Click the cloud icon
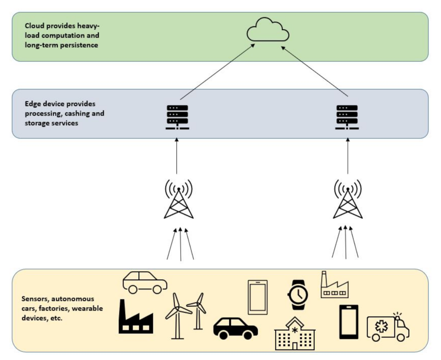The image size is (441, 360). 267,30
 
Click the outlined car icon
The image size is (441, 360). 145,282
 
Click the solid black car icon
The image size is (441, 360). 235,328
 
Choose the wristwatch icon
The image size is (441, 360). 297,295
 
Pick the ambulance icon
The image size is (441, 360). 387,327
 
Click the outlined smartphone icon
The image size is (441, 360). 257,297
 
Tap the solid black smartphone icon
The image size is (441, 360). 348,322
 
